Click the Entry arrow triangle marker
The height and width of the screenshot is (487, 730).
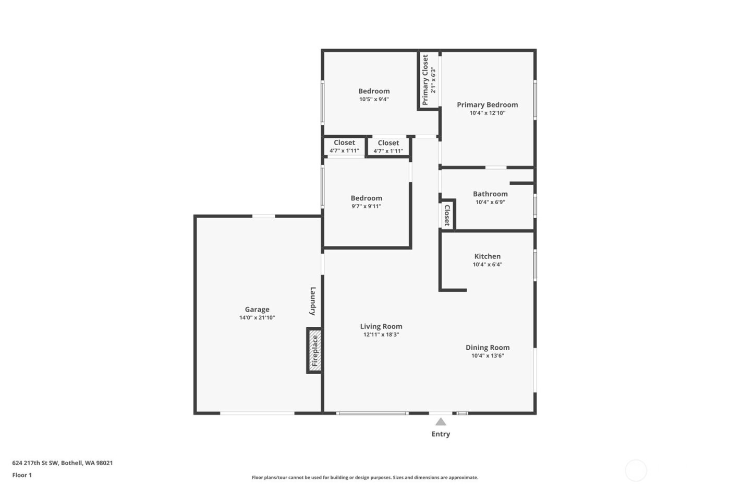coord(441,422)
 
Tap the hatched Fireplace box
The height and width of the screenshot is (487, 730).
coord(314,350)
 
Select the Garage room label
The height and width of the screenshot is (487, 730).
coord(257,309)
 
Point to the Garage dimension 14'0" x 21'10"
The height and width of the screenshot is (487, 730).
coord(257,317)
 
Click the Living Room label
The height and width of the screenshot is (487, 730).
coord(381,326)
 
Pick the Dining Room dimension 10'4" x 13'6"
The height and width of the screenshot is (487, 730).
coord(488,356)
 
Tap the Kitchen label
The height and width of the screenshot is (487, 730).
coord(488,256)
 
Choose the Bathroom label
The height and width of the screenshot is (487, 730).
coord(490,194)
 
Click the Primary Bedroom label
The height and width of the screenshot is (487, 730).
coord(488,104)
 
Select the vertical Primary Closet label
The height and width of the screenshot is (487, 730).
coord(425,80)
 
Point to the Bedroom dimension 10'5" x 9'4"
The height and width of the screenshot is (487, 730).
coord(374,99)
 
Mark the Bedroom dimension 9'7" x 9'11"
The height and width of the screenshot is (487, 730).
coord(367,206)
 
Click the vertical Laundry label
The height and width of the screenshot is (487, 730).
coord(313,301)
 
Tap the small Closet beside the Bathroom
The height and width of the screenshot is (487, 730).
coord(447,215)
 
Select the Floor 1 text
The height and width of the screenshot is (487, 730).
coord(22,475)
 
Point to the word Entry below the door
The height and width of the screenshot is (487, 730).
coord(441,434)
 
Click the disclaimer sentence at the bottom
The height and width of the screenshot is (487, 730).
coord(365,477)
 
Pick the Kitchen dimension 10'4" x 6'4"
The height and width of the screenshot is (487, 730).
coord(488,265)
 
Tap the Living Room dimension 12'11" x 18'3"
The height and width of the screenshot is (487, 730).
coord(381,335)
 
